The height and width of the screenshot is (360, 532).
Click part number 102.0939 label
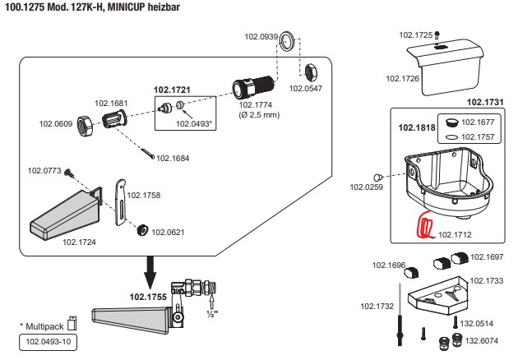(261, 37)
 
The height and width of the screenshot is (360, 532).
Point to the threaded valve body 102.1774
(254, 85)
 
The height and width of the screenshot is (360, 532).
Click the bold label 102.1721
(172, 90)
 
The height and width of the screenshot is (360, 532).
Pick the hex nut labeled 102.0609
(84, 125)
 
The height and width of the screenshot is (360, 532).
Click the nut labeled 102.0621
(141, 228)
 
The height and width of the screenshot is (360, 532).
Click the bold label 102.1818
(416, 128)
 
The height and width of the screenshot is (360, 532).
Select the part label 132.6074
(483, 340)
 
